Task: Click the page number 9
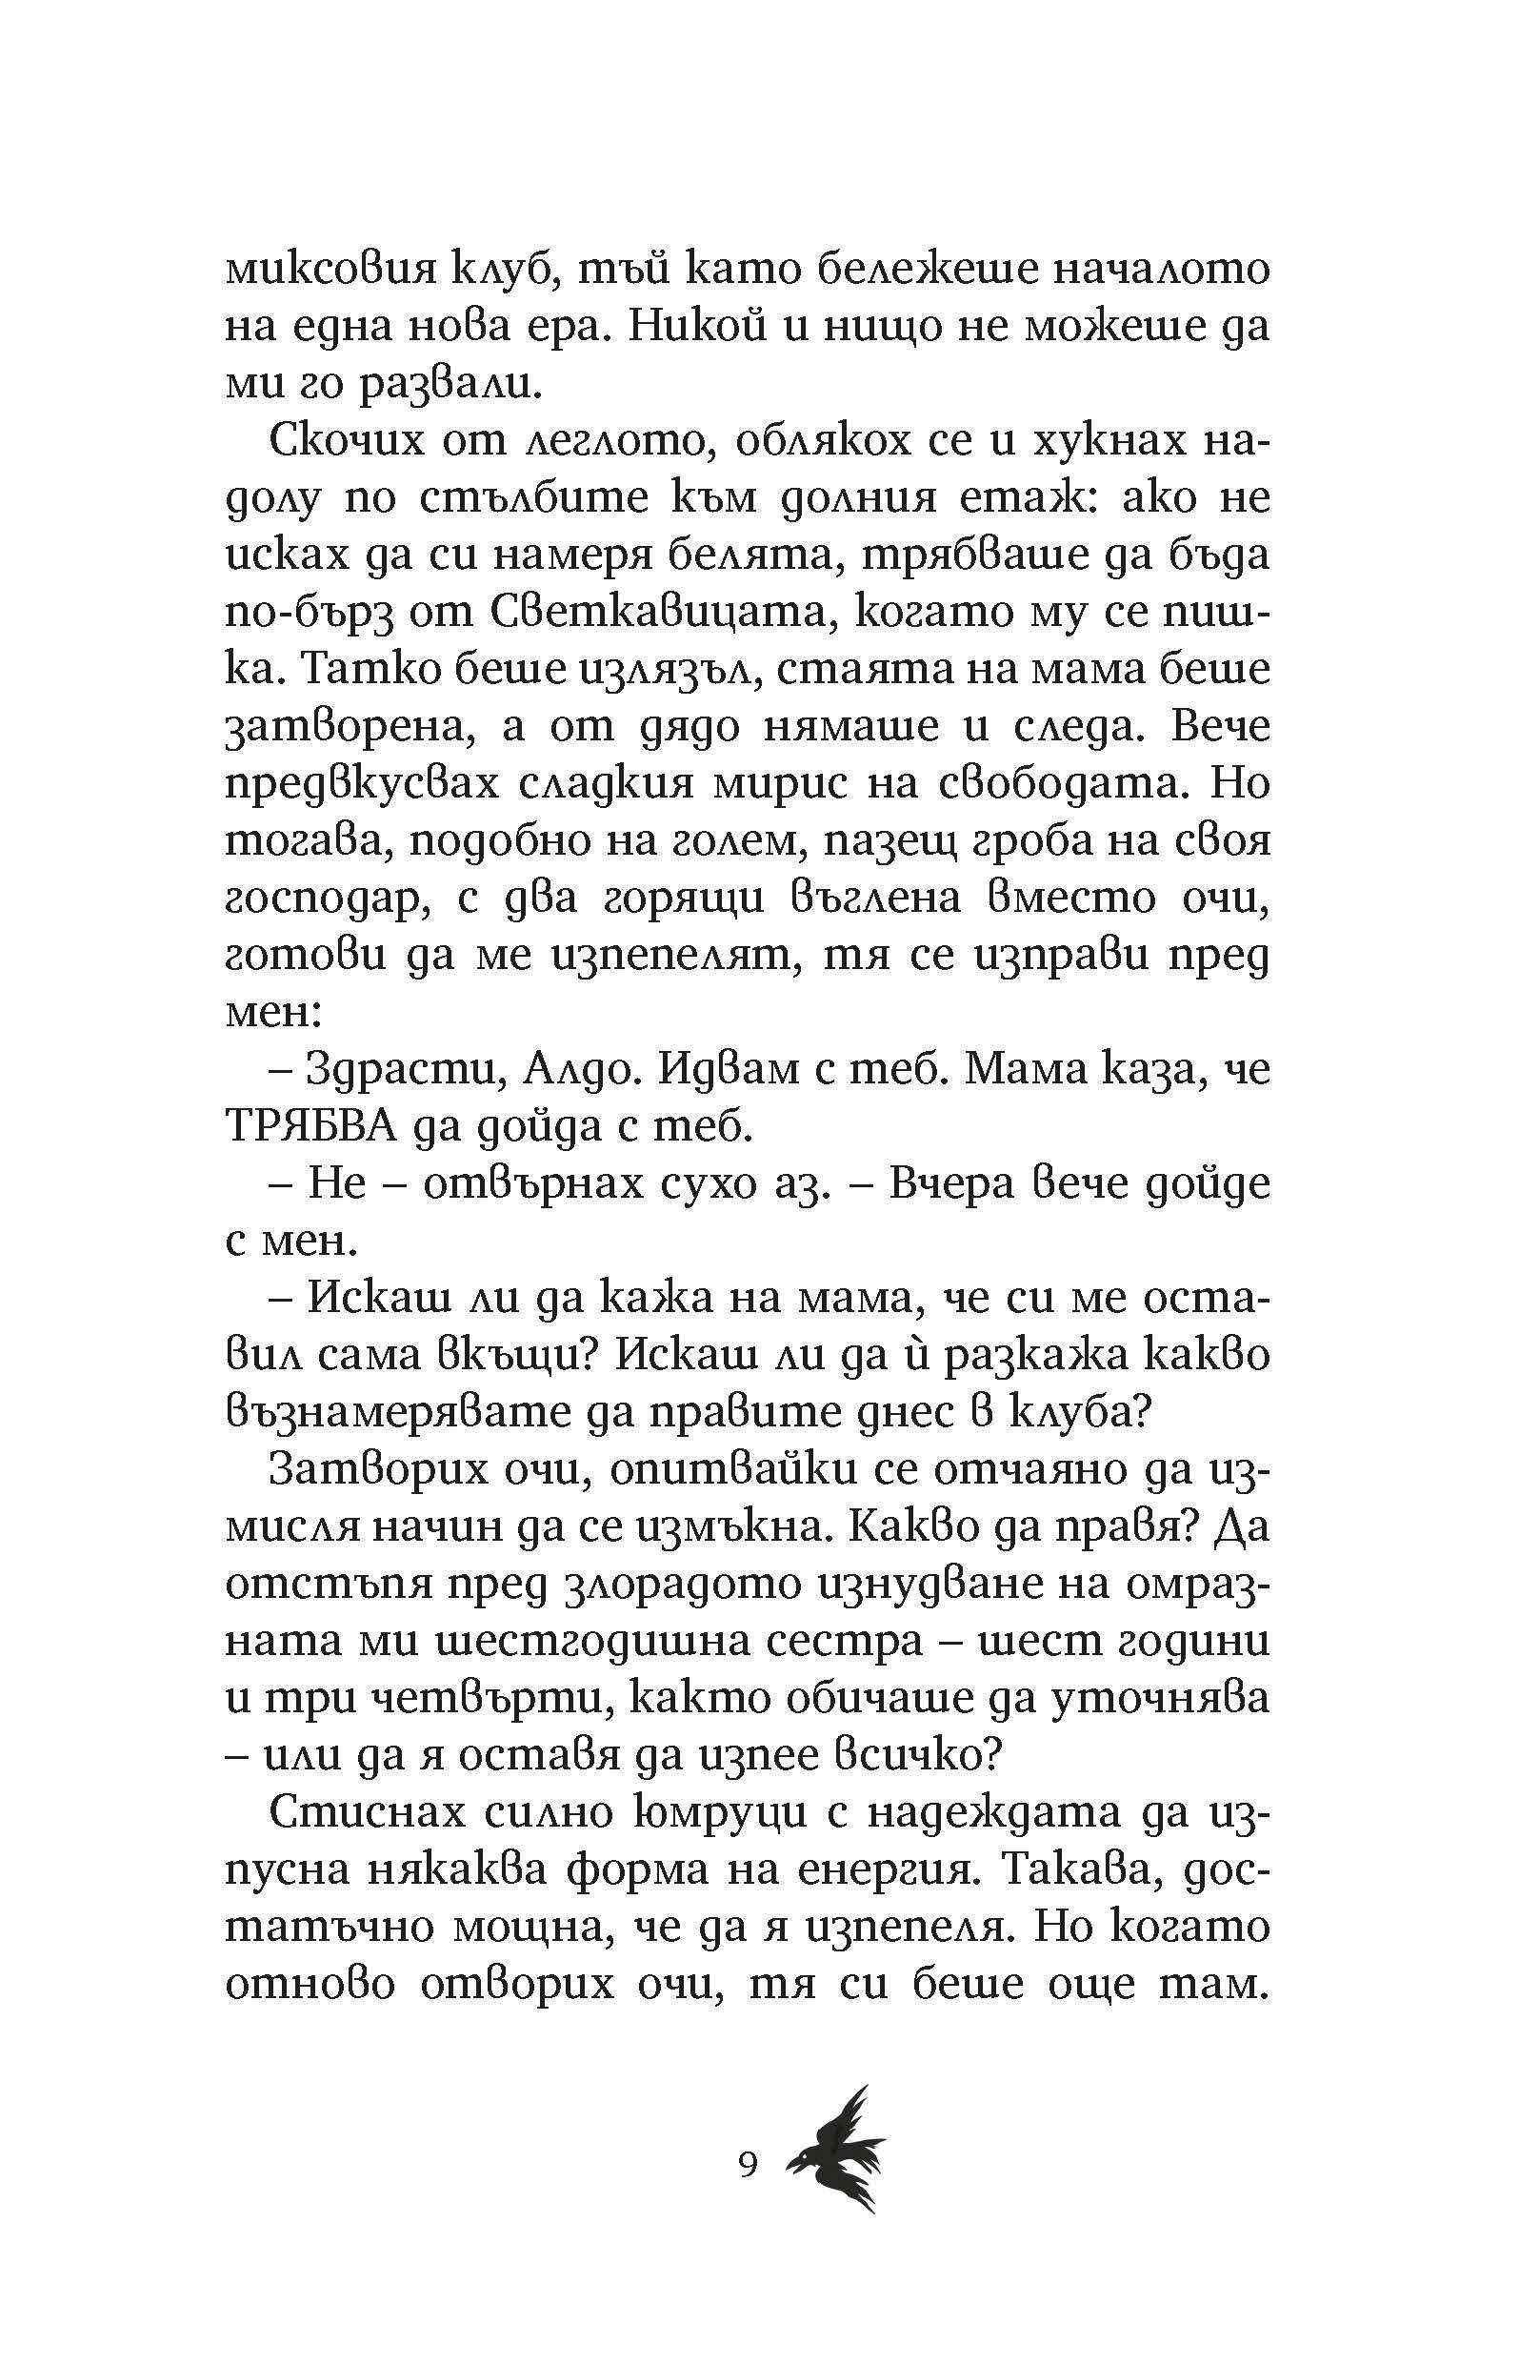(748, 2166)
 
